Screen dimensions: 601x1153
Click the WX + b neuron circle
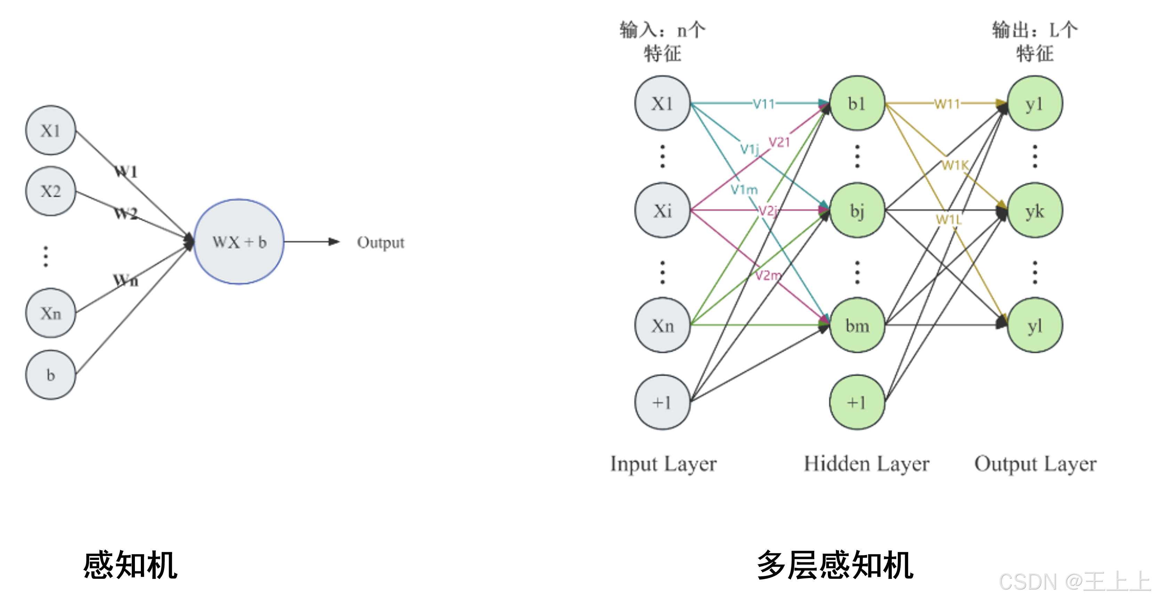239,242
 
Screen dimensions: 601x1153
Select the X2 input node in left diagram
50,191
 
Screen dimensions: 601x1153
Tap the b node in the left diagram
50,375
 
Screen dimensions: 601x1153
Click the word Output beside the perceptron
380,242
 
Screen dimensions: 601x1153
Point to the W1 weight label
126,172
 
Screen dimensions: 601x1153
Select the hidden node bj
857,210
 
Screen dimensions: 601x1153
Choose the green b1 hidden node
857,103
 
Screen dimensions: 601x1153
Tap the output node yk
1034,211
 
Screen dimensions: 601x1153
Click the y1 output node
1034,103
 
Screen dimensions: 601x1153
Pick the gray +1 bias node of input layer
662,402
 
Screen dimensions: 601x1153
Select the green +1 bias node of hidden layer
857,402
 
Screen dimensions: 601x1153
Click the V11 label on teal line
764,104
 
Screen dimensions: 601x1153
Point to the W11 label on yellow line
947,104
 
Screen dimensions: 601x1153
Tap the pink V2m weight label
768,275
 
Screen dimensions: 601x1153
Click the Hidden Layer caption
866,464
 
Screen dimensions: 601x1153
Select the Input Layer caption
663,464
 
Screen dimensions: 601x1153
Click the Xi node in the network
662,211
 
